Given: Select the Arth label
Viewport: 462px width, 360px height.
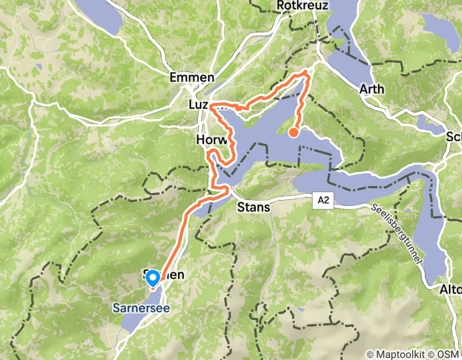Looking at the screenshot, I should pos(371,89).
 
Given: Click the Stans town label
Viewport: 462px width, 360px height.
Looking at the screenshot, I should pos(253,208).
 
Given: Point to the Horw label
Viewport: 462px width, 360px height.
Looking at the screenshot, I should pos(208,140).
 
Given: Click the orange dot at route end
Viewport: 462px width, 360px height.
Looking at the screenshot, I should pos(293,133).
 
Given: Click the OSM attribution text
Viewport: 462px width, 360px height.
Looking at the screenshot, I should pos(449,354).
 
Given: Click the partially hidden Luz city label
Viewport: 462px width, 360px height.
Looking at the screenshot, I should pos(199,105).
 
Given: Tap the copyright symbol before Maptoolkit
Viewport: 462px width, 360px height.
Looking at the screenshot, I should pos(369,354).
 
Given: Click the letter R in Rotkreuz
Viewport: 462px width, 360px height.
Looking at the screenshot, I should pos(280,5).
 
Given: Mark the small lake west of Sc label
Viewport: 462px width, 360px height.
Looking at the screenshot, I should pos(429,124).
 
